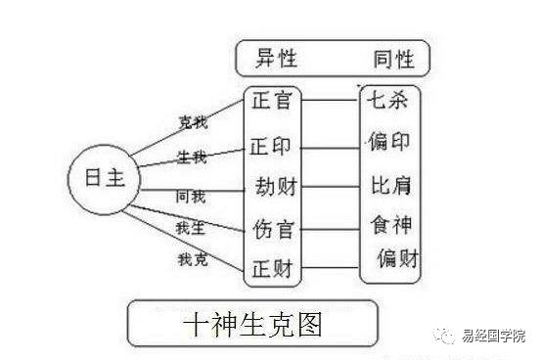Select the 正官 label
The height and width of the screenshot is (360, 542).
tap(271, 100)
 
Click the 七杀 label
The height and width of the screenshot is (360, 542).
tap(385, 100)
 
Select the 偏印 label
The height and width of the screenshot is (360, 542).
tap(387, 143)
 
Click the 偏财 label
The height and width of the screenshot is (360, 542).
tap(398, 259)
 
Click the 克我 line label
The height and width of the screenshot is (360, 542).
tap(192, 122)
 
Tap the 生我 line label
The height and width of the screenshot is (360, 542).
tap(192, 157)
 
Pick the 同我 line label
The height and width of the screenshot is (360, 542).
tap(191, 197)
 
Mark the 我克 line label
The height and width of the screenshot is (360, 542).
tap(192, 260)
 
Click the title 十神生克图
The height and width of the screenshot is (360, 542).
tap(253, 323)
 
